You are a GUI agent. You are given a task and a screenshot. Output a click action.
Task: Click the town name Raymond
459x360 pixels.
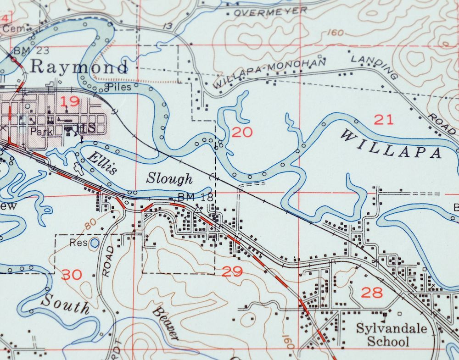pos(78,67)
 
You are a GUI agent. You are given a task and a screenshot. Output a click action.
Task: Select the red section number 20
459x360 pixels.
pos(242,133)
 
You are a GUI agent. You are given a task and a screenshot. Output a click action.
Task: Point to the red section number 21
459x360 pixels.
pos(383,120)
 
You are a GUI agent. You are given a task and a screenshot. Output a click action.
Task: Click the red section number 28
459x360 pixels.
pos(372,292)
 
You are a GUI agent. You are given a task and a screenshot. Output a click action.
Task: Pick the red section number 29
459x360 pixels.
pos(232,271)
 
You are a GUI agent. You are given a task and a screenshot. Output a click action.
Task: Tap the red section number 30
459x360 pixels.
pos(72,275)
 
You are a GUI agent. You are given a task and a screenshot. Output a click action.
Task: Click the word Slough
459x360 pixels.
pos(169,178)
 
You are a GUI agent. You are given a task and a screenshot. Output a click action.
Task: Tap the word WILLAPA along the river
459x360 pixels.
pos(391,143)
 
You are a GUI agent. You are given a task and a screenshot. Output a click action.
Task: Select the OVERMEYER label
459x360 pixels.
pos(270,11)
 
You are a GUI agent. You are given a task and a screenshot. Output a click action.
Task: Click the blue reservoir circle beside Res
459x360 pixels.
pos(94,243)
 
